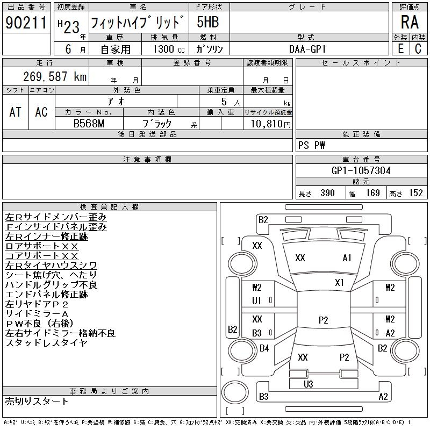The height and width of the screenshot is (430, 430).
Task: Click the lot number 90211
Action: click(26, 23)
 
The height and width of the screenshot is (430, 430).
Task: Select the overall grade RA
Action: click(410, 22)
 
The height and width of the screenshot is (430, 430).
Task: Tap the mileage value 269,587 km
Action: click(55, 76)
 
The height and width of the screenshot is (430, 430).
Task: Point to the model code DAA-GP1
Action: click(307, 49)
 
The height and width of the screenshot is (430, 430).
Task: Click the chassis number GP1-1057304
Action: click(361, 170)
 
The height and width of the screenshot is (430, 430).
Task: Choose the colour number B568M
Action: click(89, 124)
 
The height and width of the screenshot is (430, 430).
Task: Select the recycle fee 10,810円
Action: click(271, 124)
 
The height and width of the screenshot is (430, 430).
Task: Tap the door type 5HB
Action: click(208, 22)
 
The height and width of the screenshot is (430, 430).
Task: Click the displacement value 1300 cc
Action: click(169, 49)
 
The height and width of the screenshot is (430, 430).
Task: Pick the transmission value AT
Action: click(15, 112)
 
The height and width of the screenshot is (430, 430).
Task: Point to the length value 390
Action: click(327, 193)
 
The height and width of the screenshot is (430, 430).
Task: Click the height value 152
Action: click(415, 193)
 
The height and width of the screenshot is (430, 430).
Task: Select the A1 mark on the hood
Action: click(347, 258)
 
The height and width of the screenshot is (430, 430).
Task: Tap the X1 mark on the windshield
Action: click(339, 283)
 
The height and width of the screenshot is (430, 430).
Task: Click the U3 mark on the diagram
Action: click(308, 384)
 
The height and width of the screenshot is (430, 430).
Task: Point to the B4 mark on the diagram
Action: click(264, 348)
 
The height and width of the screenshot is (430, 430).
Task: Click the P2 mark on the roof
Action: click(324, 320)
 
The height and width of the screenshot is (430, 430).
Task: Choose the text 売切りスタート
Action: click(37, 401)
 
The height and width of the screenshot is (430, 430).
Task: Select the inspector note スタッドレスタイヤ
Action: click(46, 343)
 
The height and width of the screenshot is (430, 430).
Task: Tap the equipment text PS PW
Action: click(311, 145)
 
